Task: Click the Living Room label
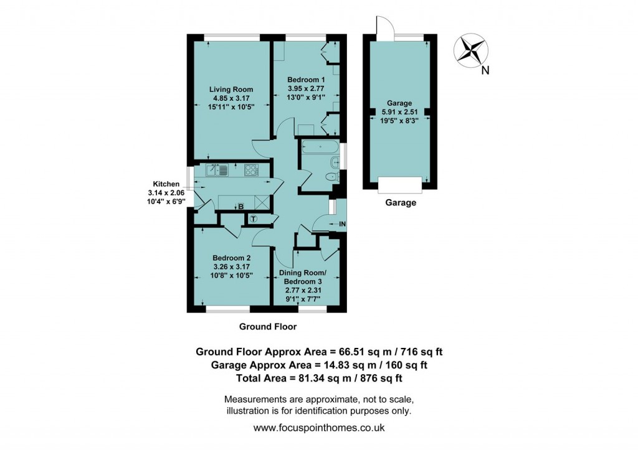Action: point(231,90)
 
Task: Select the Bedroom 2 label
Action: point(232,258)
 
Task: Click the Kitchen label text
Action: point(166,184)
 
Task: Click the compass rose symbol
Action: point(471,50)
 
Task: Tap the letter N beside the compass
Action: point(485,71)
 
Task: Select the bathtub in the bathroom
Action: point(320,147)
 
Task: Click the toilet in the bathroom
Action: point(333,177)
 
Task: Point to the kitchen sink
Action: point(217,170)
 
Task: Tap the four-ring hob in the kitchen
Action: point(251,170)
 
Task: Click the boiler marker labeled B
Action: point(241,207)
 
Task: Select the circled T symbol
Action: point(254,219)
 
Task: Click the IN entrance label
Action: point(342,224)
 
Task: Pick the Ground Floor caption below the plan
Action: point(268,326)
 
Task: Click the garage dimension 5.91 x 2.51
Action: point(399,112)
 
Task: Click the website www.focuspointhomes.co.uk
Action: point(319,428)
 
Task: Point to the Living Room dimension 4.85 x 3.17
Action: point(231,98)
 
